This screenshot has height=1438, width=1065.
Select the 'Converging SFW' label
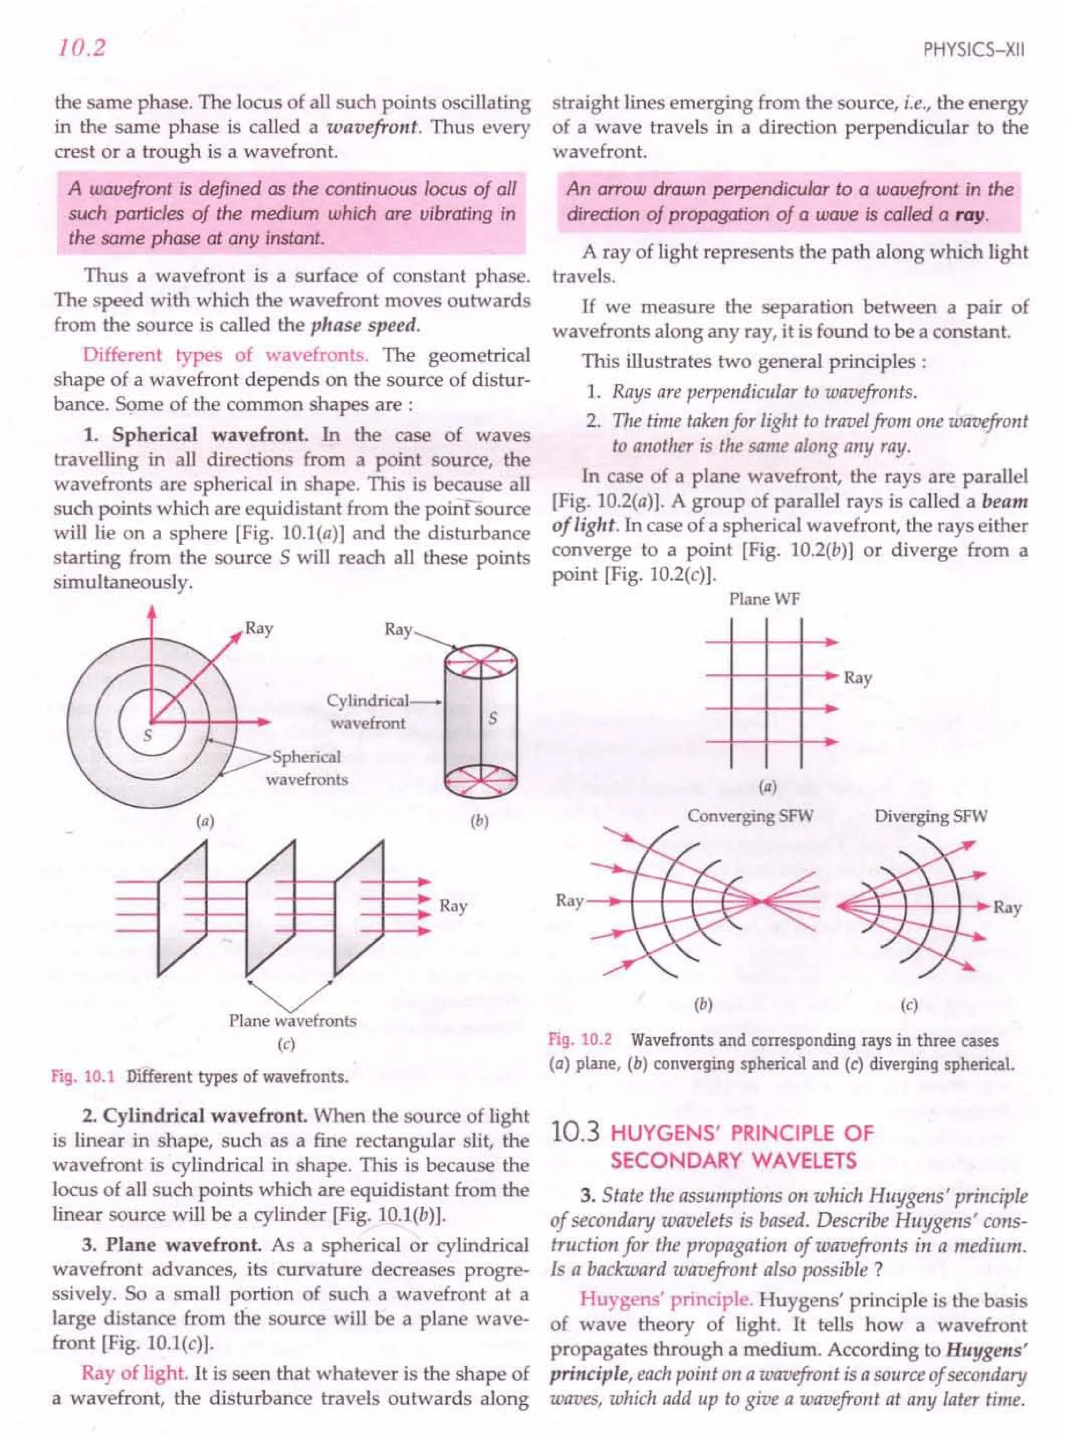click(x=750, y=816)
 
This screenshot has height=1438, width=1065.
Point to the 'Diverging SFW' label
click(x=930, y=816)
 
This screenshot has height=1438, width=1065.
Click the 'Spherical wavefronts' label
click(x=306, y=768)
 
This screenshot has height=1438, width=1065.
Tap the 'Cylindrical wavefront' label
click(x=368, y=711)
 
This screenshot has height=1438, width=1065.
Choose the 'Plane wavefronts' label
click(x=292, y=1020)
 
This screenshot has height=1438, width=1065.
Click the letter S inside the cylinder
click(x=492, y=718)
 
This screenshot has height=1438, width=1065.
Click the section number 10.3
click(x=576, y=1133)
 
